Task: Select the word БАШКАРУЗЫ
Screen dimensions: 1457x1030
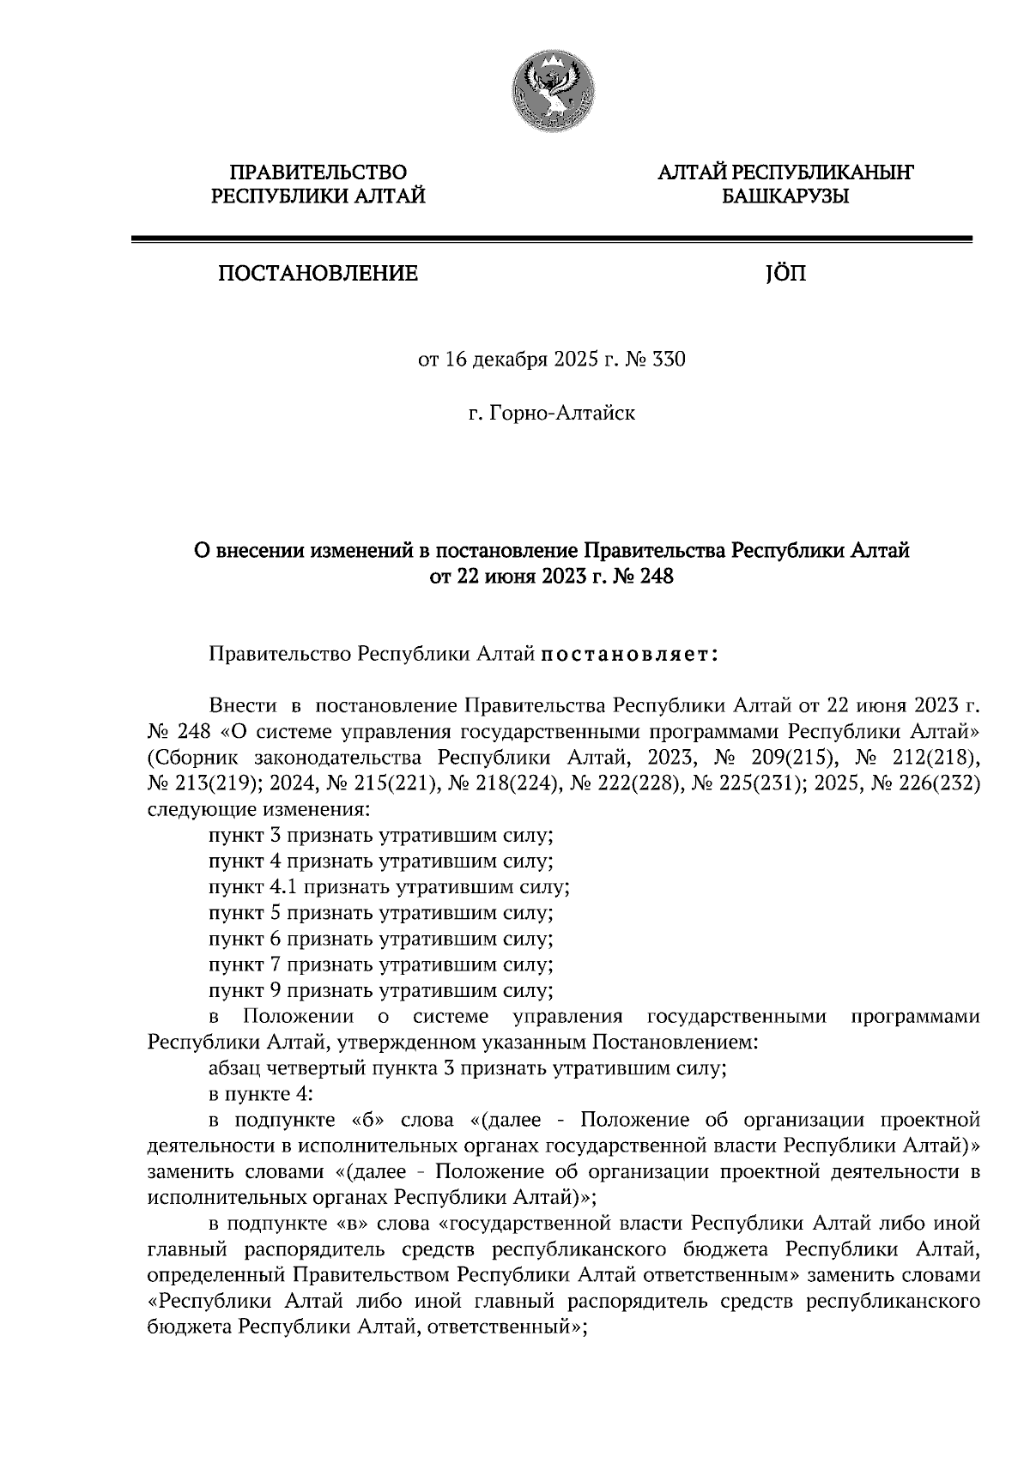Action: pyautogui.click(x=785, y=198)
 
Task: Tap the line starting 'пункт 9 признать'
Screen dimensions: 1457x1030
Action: pyautogui.click(x=380, y=990)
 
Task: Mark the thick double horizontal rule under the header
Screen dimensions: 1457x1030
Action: pyautogui.click(x=551, y=239)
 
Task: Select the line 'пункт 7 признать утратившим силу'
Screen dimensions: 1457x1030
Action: pyautogui.click(x=380, y=964)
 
